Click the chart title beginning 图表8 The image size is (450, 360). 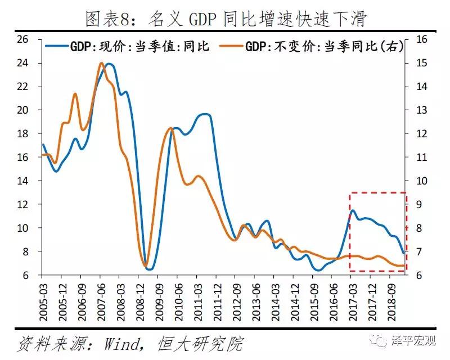225,19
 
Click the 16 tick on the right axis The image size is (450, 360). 422,39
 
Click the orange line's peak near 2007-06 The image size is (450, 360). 101,63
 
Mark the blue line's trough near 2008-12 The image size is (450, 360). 149,269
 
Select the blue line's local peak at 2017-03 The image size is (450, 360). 353,211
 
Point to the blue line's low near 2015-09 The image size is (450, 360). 318,270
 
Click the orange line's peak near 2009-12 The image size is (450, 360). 171,129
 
